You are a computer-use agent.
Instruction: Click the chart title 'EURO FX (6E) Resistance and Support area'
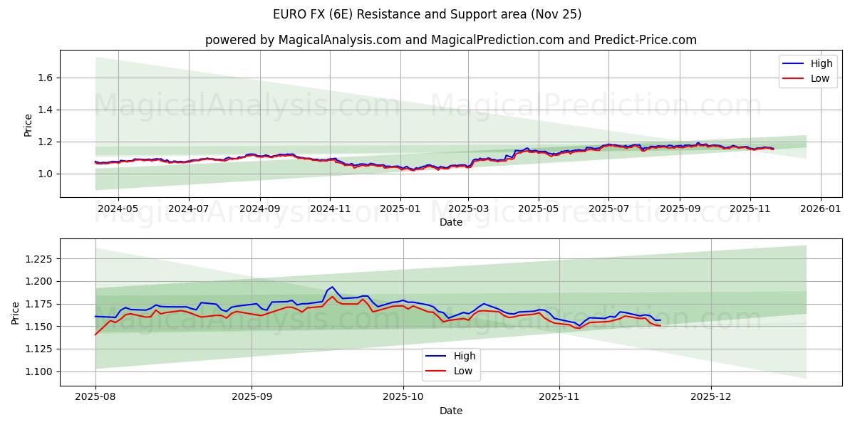[x=427, y=14]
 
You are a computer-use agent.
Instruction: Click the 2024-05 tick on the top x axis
[x=118, y=209]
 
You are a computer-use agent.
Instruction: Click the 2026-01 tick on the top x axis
[x=820, y=209]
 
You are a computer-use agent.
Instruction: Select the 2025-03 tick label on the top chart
[x=468, y=209]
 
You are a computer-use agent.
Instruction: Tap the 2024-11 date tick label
[x=329, y=209]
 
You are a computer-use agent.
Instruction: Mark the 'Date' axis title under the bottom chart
[x=450, y=411]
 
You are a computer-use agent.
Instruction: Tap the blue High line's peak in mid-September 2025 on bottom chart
[x=332, y=287]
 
